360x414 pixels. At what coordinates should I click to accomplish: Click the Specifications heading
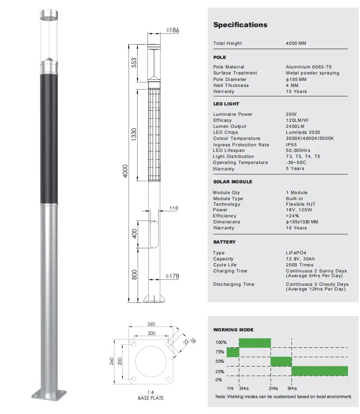[x=240, y=25]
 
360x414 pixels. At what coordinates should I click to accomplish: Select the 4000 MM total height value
[x=296, y=43]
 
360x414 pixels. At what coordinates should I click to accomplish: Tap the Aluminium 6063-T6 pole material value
[x=308, y=67]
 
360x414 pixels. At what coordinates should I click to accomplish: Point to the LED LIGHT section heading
[x=226, y=104]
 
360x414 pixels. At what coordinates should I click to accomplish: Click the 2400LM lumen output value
[x=295, y=127]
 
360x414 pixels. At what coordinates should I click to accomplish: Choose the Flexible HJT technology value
[x=300, y=204]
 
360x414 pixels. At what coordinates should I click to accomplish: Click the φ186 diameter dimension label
[x=172, y=30]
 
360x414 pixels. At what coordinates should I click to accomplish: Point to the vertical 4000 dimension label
[x=126, y=172]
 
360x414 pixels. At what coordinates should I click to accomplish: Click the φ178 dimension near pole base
[x=172, y=276]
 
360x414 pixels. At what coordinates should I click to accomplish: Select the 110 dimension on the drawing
[x=173, y=208]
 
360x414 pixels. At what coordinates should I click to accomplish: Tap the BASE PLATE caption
[x=151, y=398]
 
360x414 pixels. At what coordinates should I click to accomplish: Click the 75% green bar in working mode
[x=233, y=352]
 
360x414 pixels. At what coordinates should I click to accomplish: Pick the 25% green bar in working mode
[x=320, y=371]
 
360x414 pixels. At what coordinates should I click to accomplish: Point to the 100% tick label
[x=221, y=342]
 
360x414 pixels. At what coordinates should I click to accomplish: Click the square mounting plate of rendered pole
[x=49, y=395]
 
